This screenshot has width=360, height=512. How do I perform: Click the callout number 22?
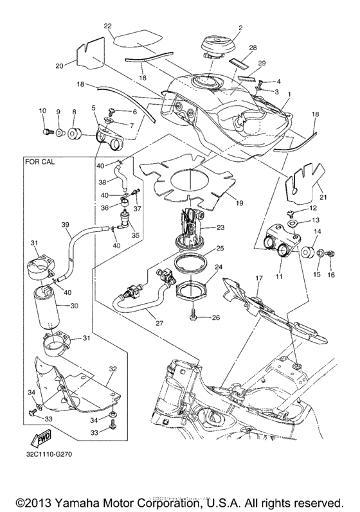click(x=107, y=26)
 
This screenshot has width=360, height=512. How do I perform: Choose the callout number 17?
click(x=259, y=278)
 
